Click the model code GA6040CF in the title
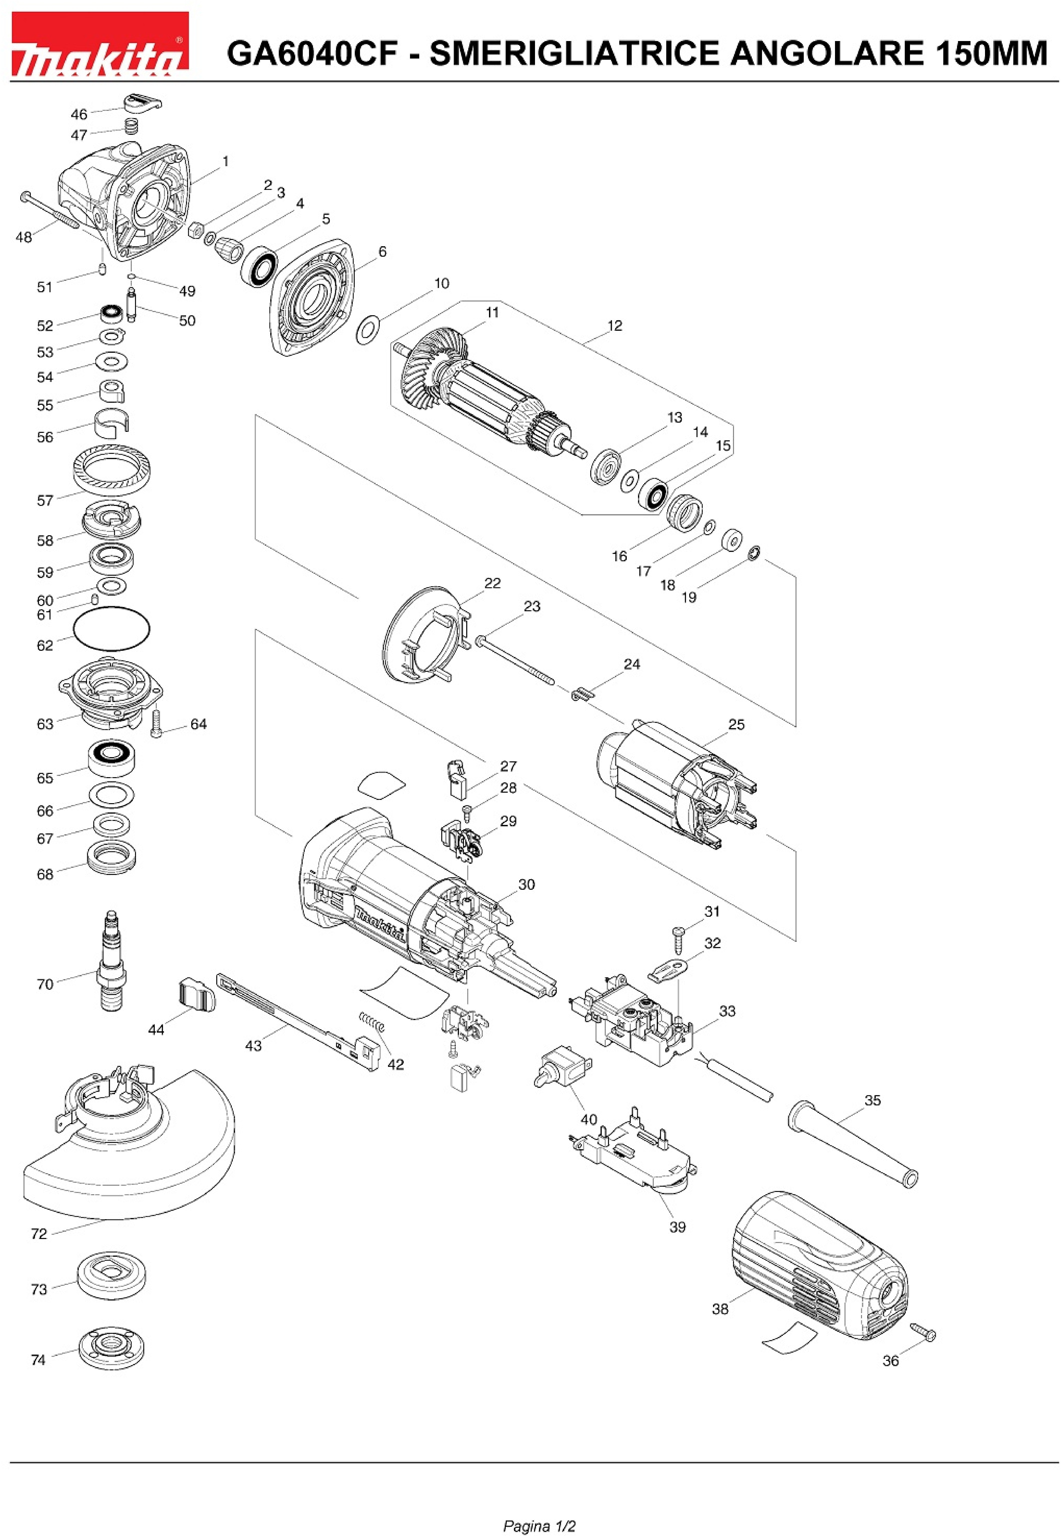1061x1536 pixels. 312,53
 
